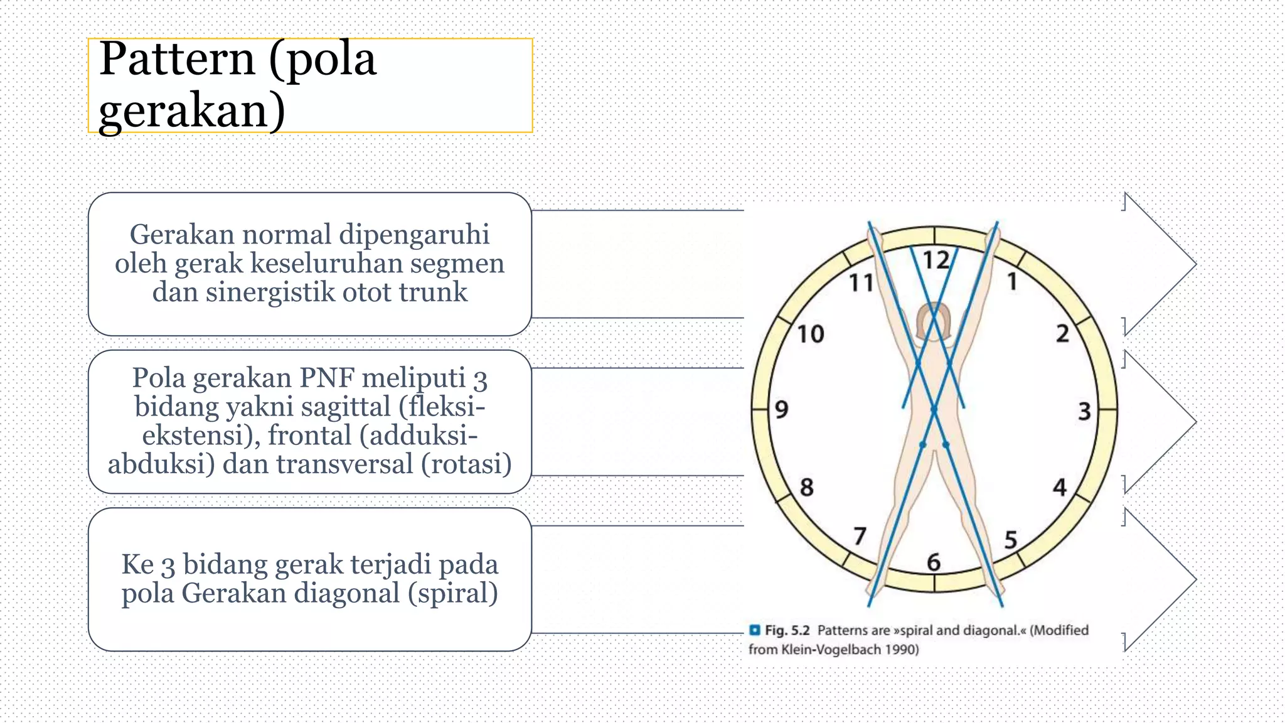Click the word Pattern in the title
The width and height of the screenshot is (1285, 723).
(x=178, y=60)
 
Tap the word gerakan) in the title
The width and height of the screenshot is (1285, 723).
(x=192, y=110)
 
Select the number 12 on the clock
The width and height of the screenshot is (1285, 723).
(x=936, y=260)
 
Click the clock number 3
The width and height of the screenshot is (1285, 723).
(x=1084, y=412)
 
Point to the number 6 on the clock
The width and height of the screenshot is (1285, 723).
(x=934, y=562)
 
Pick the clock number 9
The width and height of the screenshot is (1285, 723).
(x=781, y=410)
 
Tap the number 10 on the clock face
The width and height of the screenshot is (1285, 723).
(x=810, y=334)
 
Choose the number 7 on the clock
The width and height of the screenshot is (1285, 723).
(x=860, y=535)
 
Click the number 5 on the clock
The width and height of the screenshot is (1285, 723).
(x=1010, y=540)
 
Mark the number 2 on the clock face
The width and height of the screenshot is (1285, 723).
(x=1062, y=333)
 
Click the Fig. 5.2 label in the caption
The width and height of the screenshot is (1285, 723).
(x=787, y=630)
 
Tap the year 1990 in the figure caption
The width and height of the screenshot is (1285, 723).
(x=898, y=650)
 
